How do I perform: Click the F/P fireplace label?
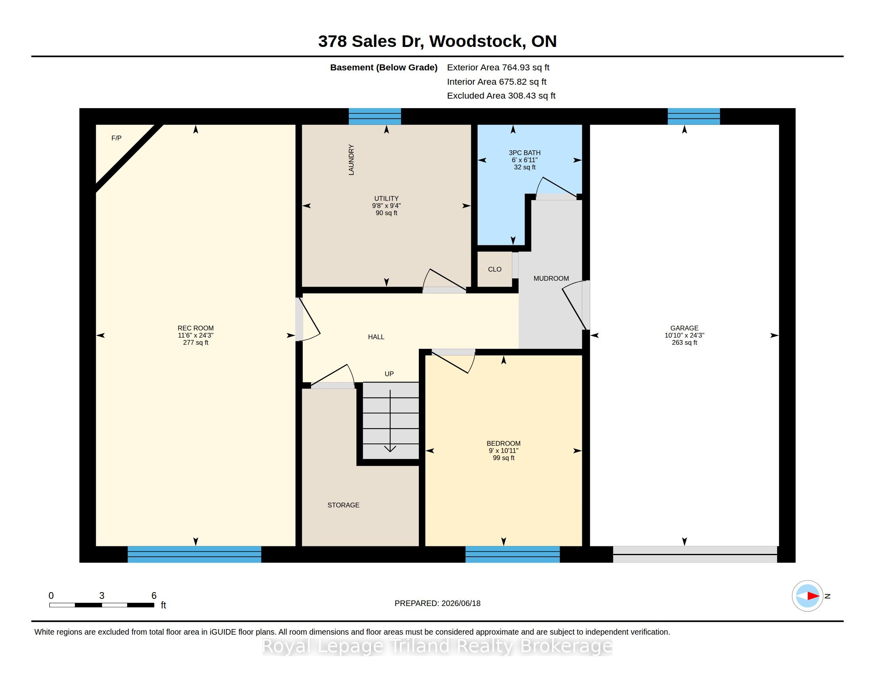pyautogui.click(x=116, y=138)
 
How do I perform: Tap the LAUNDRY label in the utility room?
pyautogui.click(x=351, y=160)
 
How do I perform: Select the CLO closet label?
pyautogui.click(x=495, y=270)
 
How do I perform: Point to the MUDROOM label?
pyautogui.click(x=551, y=278)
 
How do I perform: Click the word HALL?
pyautogui.click(x=376, y=337)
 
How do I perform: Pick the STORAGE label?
pyautogui.click(x=343, y=505)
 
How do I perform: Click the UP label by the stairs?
pyautogui.click(x=389, y=374)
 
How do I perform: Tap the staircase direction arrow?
pyautogui.click(x=390, y=421)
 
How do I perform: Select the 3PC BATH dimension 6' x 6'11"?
pyautogui.click(x=525, y=160)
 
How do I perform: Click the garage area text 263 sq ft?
pyautogui.click(x=684, y=343)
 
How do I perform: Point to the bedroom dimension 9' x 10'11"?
pyautogui.click(x=504, y=451)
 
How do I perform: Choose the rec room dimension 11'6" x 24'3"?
pyautogui.click(x=196, y=336)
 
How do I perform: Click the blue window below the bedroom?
pyautogui.click(x=512, y=554)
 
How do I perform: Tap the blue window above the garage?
pyautogui.click(x=694, y=117)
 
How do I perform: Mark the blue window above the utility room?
pyautogui.click(x=375, y=117)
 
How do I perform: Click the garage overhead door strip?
pyautogui.click(x=695, y=555)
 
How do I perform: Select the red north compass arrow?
pyautogui.click(x=813, y=596)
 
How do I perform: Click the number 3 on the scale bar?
pyautogui.click(x=102, y=596)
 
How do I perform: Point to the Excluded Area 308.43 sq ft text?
pyautogui.click(x=501, y=96)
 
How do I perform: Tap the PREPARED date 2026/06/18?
pyautogui.click(x=460, y=604)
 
